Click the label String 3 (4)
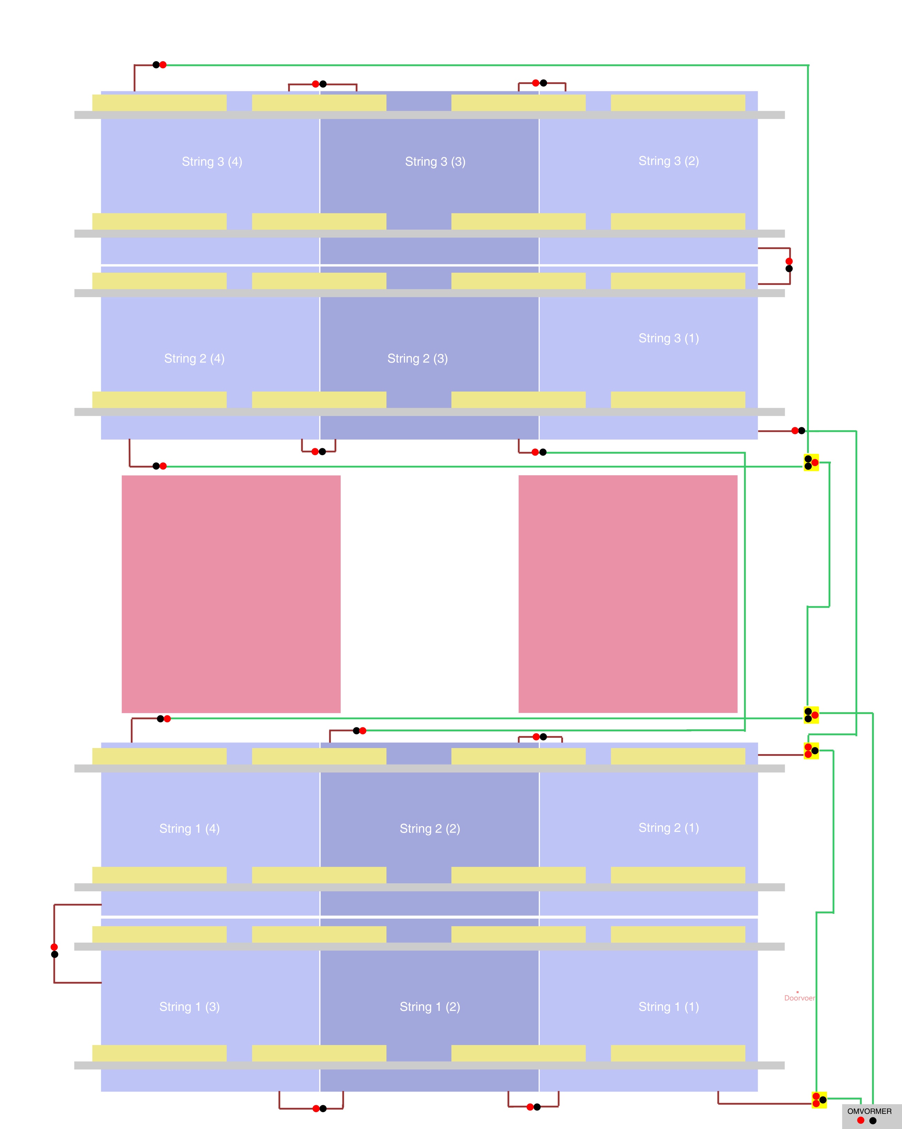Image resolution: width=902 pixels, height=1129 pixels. [212, 161]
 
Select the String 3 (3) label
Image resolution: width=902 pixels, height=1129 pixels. [435, 161]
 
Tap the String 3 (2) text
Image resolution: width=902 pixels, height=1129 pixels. [669, 161]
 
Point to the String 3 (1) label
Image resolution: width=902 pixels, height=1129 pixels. [669, 338]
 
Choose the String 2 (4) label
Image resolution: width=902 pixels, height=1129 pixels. [194, 358]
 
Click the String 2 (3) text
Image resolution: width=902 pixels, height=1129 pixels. [417, 358]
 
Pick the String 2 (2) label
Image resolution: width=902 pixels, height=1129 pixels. [430, 828]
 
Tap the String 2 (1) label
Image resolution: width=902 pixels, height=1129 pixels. [669, 827]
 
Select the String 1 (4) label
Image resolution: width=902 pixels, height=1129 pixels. [190, 828]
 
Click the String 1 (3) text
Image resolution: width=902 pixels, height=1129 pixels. [190, 1007]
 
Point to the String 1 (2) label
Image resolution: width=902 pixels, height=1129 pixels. [430, 1007]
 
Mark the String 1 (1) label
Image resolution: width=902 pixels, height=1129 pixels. [669, 1007]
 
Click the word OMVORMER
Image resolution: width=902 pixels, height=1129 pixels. [869, 1111]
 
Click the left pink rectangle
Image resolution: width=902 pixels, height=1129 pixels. [231, 594]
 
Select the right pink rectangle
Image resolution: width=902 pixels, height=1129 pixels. [628, 594]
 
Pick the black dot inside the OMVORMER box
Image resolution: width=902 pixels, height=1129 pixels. [873, 1121]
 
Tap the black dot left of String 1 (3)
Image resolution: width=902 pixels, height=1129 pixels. [54, 954]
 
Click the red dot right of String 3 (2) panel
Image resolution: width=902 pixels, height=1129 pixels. [789, 261]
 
